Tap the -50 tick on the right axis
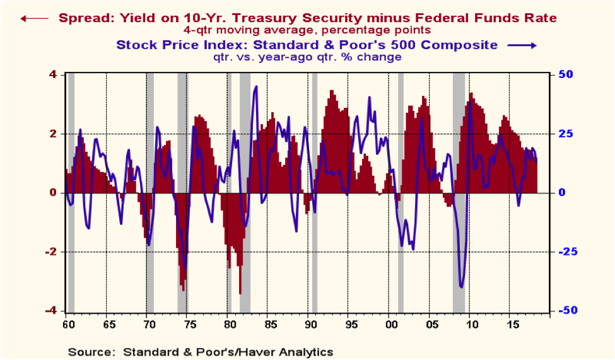click(x=563, y=311)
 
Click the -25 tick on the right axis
click(x=563, y=252)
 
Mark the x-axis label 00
click(x=391, y=325)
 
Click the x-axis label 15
click(x=513, y=325)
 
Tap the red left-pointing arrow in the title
click(x=34, y=18)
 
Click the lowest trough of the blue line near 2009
click(x=461, y=287)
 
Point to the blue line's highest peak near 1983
click(x=255, y=86)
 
